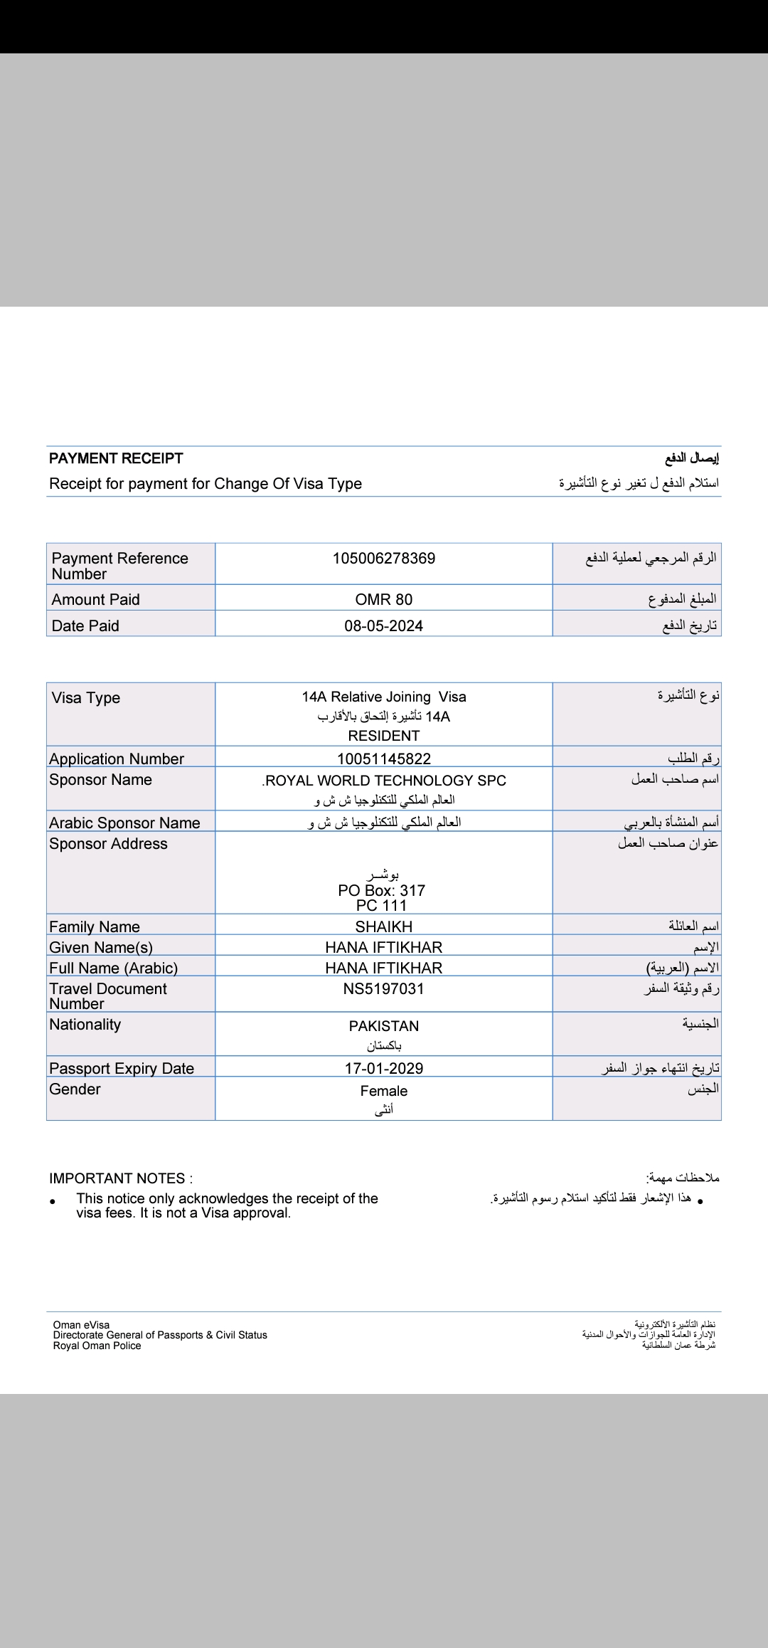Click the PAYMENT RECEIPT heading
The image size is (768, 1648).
(x=116, y=458)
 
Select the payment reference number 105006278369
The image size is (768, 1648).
(x=383, y=559)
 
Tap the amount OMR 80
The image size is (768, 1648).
(x=383, y=600)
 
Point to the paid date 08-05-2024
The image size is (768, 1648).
(x=383, y=626)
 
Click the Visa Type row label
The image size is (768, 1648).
(x=86, y=698)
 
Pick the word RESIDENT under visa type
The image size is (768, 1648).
(x=383, y=736)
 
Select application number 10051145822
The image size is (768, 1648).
(x=383, y=759)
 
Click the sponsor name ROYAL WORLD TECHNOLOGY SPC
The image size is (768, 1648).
(x=385, y=781)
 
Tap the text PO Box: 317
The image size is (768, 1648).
(x=381, y=890)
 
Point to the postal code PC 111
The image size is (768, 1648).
(x=381, y=906)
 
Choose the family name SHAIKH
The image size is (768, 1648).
(x=383, y=927)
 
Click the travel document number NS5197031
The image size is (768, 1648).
(x=383, y=989)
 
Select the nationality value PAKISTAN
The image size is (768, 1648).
(x=383, y=1026)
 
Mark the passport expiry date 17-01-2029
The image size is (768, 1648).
(x=383, y=1069)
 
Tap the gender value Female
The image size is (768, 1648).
(x=383, y=1091)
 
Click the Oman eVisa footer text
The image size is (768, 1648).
(x=81, y=1325)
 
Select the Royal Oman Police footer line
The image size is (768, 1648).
(x=97, y=1346)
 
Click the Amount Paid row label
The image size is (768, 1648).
(x=96, y=600)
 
